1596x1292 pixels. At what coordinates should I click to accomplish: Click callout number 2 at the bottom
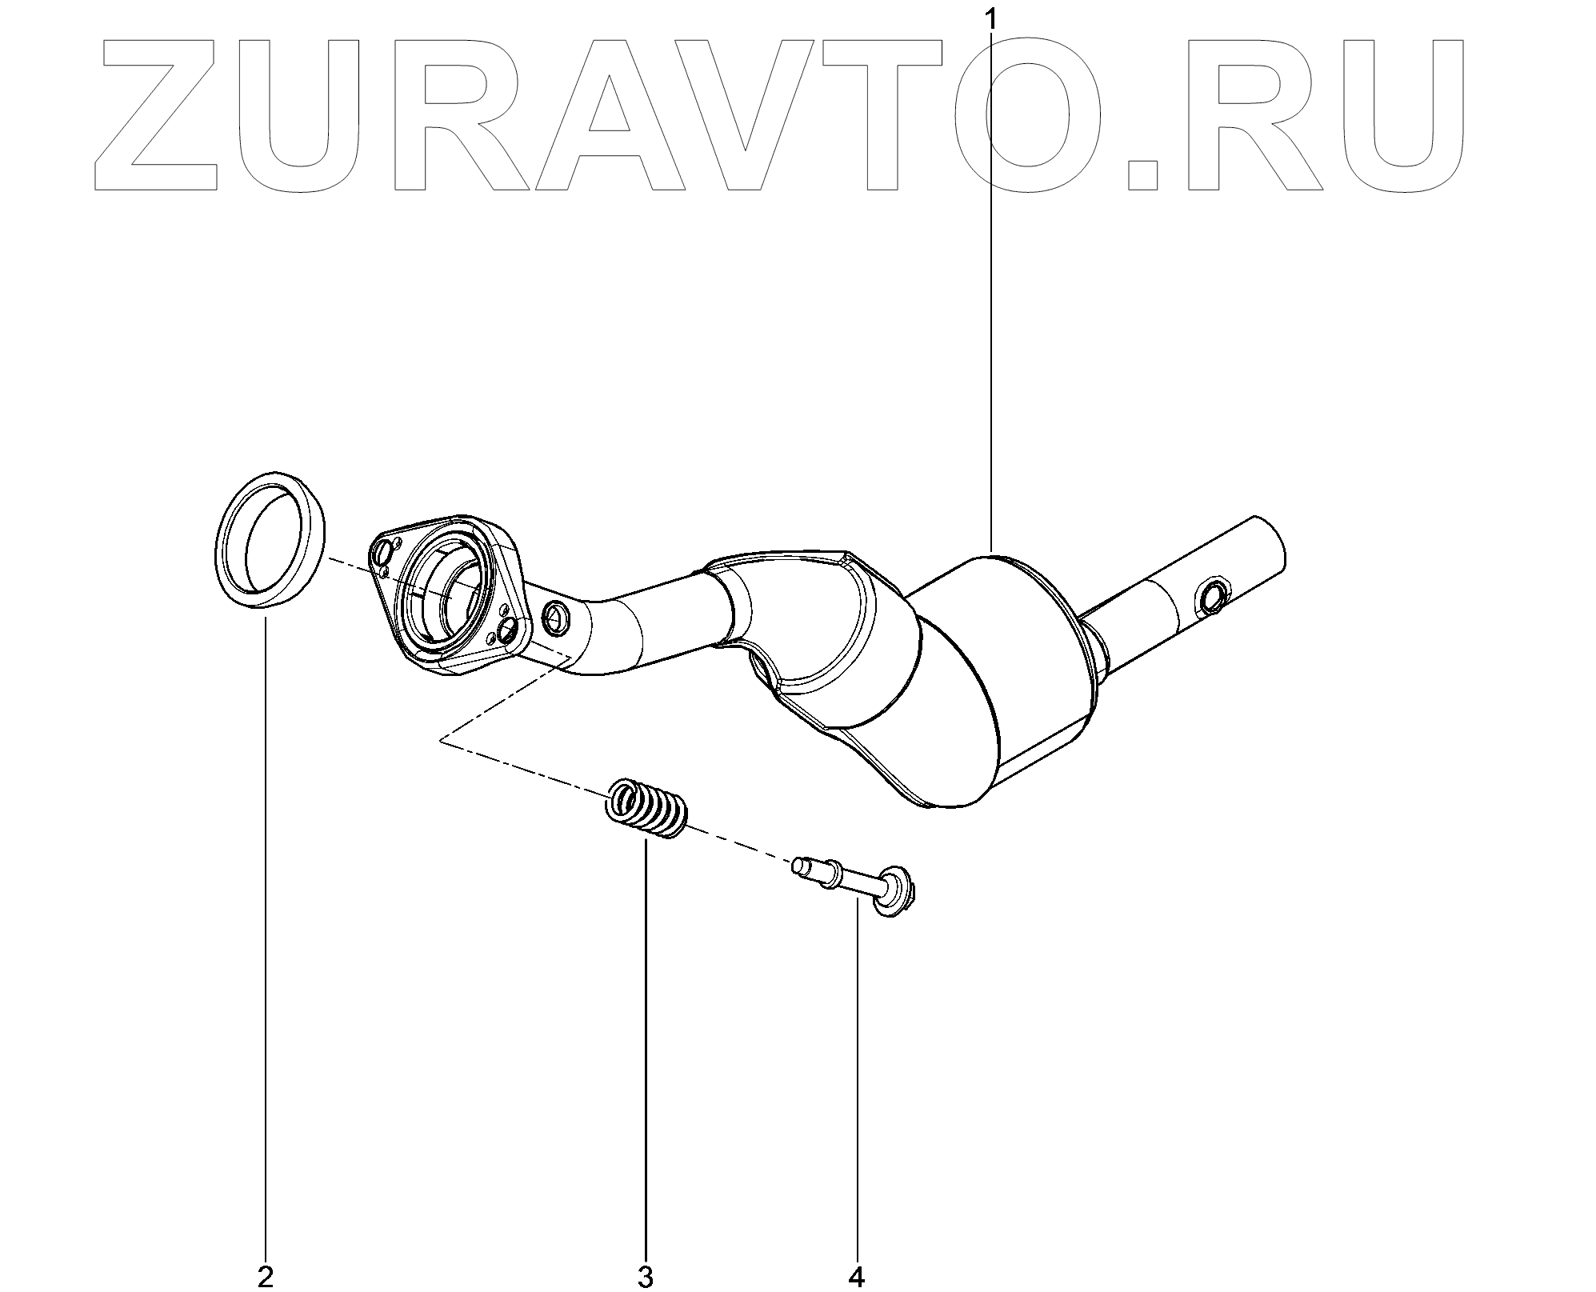coord(266,1277)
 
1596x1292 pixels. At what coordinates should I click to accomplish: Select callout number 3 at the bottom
coord(646,1277)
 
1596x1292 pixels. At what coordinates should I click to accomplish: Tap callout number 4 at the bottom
coord(857,1277)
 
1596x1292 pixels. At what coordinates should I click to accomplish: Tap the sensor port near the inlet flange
coord(554,615)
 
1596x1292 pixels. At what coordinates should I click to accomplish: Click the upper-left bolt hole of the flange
coord(383,552)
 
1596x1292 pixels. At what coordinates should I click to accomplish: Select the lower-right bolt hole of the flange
coord(506,634)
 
